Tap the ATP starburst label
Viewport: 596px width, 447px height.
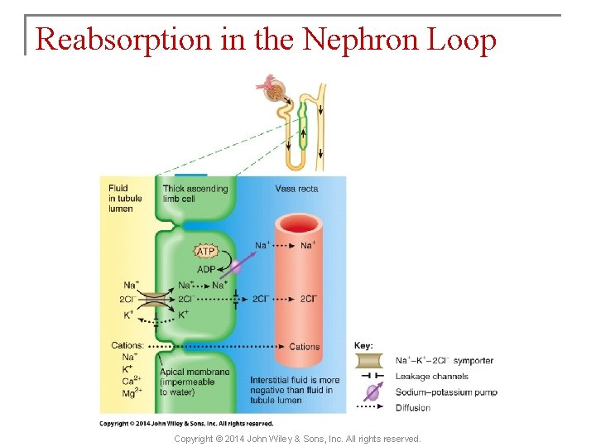click(205, 252)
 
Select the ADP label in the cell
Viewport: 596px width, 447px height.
click(206, 269)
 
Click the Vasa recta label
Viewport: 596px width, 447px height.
click(297, 189)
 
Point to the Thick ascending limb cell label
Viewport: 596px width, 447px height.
click(195, 194)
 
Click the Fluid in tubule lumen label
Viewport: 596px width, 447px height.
click(125, 199)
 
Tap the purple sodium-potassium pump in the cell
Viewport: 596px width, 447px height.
click(235, 267)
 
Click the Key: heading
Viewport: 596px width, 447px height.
click(363, 345)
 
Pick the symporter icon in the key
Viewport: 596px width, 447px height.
click(368, 361)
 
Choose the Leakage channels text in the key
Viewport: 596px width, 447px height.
click(431, 377)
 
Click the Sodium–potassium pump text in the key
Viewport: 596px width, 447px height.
click(446, 392)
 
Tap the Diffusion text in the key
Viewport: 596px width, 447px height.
click(413, 407)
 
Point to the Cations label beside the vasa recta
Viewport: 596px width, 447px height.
click(304, 347)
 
